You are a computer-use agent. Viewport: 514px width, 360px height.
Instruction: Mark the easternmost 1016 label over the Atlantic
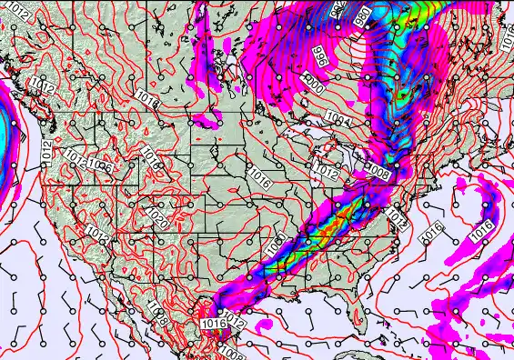[x=481, y=229]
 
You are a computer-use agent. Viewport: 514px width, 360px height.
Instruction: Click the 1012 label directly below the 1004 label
[x=326, y=170]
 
